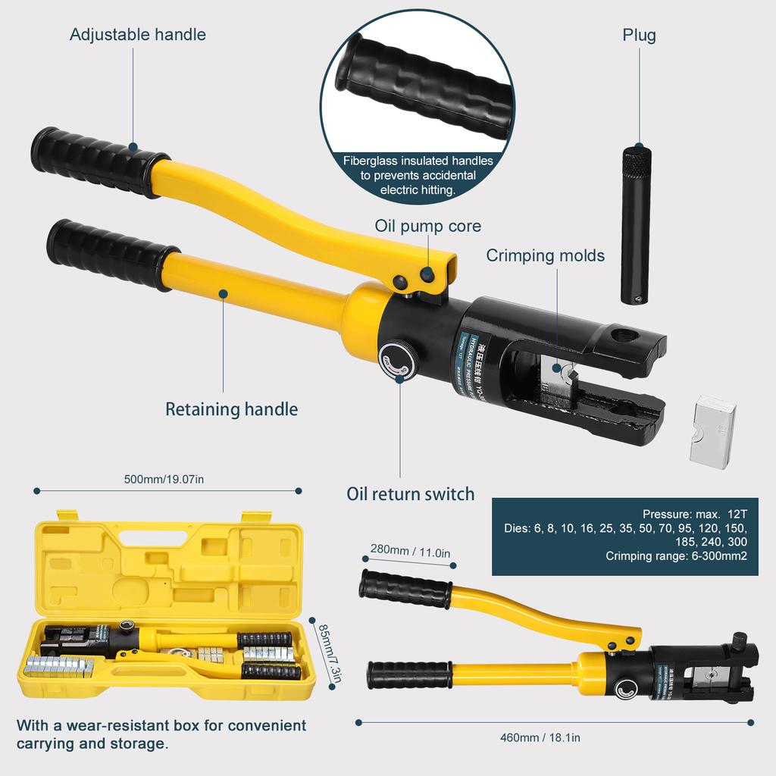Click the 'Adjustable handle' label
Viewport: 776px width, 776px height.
[x=137, y=34]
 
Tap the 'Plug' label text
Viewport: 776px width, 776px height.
[x=639, y=35]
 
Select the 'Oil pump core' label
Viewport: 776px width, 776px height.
[x=427, y=226]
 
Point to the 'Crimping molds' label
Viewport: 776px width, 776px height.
[x=545, y=255]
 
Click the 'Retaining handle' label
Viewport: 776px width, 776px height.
[x=231, y=409]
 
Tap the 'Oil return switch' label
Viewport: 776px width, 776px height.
[x=410, y=494]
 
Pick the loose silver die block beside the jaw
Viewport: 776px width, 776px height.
[x=712, y=431]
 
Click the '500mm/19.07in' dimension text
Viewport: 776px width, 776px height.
[x=164, y=479]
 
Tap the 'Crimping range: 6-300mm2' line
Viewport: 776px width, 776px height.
[x=676, y=556]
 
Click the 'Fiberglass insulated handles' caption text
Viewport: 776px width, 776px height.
[x=418, y=161]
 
